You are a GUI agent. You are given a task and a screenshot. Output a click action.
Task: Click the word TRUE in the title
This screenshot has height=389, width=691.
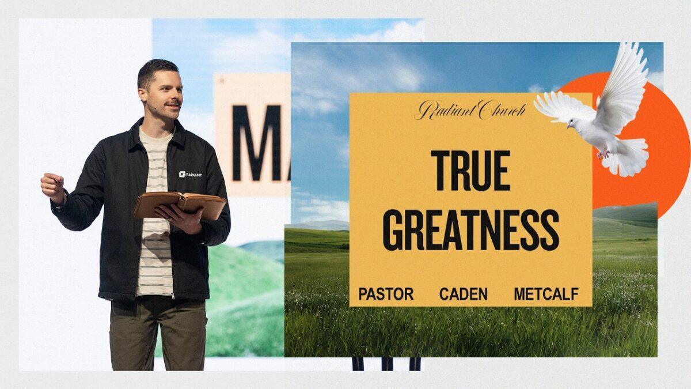[470, 171]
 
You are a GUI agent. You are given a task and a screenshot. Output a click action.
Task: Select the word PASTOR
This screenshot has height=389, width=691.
[386, 294]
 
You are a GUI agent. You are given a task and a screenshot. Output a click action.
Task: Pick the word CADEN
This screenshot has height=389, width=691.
[464, 294]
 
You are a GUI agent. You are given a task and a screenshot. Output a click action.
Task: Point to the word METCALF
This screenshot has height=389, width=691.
[546, 294]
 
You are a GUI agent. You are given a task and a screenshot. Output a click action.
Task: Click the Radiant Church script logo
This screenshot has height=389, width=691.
[471, 110]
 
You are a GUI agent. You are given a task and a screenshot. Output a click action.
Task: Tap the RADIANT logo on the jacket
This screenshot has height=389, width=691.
[190, 175]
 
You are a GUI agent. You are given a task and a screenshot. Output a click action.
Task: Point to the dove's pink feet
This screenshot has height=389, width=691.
[603, 154]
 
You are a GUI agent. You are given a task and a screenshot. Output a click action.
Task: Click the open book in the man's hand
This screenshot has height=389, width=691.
[180, 205]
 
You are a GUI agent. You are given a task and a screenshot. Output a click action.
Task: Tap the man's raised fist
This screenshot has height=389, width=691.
[52, 186]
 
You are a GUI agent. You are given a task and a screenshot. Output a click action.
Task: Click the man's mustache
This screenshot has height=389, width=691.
[173, 103]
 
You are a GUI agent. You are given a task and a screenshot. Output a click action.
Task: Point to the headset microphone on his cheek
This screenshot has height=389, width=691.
[151, 107]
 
